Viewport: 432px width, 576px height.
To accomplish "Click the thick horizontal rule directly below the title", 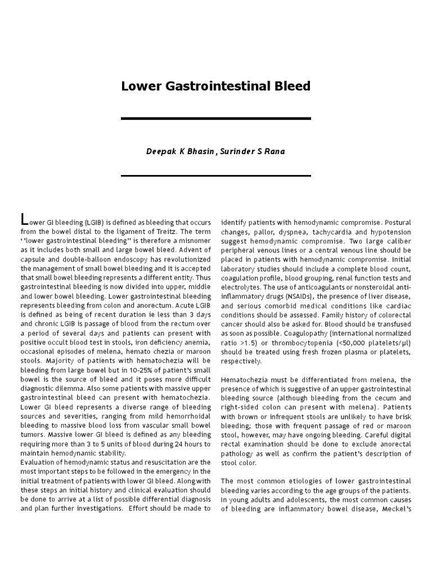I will coord(216,119).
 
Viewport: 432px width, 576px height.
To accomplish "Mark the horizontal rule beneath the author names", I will coord(216,175).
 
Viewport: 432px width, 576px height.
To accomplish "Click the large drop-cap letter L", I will coord(24,219).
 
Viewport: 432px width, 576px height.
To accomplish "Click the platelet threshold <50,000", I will coord(348,343).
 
